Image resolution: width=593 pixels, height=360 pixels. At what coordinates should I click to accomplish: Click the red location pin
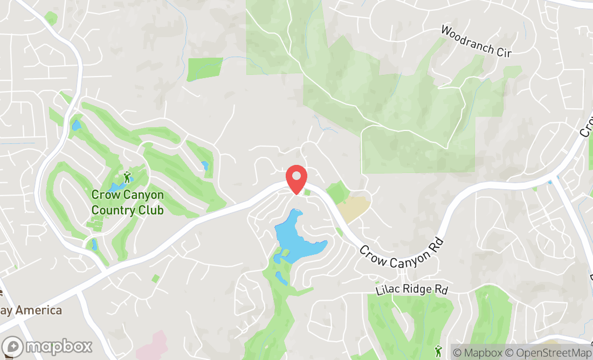296,178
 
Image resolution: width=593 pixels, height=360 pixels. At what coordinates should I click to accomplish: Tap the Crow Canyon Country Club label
127,202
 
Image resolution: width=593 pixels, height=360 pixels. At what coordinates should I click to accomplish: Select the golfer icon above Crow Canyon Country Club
127,176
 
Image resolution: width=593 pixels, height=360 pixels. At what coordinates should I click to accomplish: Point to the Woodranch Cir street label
475,40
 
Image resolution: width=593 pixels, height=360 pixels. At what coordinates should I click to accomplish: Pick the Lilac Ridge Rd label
411,289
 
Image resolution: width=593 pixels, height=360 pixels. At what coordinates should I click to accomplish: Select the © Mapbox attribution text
477,353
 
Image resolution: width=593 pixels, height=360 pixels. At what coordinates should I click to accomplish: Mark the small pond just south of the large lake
281,278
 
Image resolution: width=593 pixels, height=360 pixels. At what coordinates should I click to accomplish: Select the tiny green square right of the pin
307,192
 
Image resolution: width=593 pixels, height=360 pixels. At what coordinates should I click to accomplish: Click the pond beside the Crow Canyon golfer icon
114,187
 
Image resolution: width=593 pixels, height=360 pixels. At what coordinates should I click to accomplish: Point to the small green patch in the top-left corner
51,18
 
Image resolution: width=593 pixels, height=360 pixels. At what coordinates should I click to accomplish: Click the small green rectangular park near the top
205,68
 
